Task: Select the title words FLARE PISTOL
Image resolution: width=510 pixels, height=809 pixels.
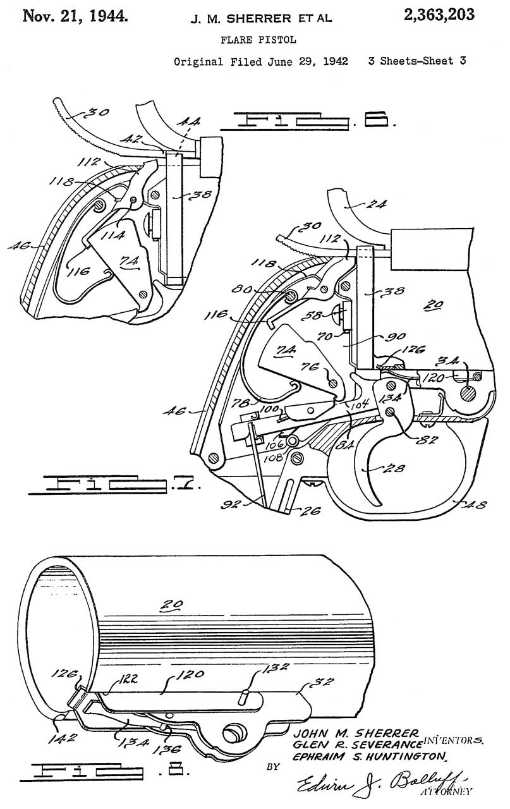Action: pyautogui.click(x=257, y=40)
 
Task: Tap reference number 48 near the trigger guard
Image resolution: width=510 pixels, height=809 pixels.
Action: pyautogui.click(x=474, y=504)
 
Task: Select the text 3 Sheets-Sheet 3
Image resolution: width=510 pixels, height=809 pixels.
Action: pyautogui.click(x=416, y=62)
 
